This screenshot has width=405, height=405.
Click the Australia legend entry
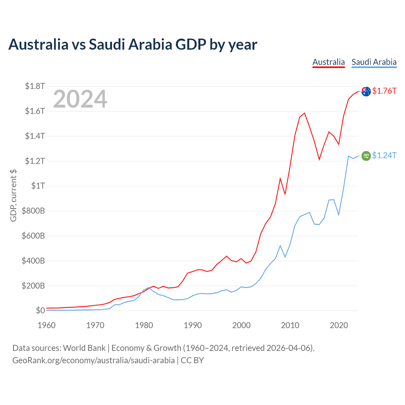tap(328, 62)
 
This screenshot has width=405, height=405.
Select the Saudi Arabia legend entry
tap(374, 62)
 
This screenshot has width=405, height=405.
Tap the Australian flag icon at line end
tap(366, 91)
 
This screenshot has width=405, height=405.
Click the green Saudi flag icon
tap(366, 156)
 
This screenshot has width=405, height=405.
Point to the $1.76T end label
tap(384, 91)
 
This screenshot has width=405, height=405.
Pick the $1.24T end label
tap(384, 155)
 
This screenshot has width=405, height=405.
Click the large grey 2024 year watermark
tap(80, 99)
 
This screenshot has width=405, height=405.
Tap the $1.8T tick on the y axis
tap(35, 86)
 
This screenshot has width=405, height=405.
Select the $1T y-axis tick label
tap(38, 186)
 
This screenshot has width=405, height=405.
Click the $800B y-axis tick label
tap(33, 211)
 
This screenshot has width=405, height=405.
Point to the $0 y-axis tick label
tap(40, 310)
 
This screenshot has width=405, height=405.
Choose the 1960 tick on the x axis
tap(47, 325)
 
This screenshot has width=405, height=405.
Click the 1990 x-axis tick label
tap(193, 325)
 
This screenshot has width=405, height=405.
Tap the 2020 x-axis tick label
tap(339, 325)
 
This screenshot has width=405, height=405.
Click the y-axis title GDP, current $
tap(13, 196)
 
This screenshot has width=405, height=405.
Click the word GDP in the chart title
tap(191, 44)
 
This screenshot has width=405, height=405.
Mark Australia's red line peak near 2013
tap(304, 113)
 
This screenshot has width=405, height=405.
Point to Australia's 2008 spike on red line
tap(280, 178)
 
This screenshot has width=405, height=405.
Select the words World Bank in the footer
tap(84, 348)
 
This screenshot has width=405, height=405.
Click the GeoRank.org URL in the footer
tap(94, 360)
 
